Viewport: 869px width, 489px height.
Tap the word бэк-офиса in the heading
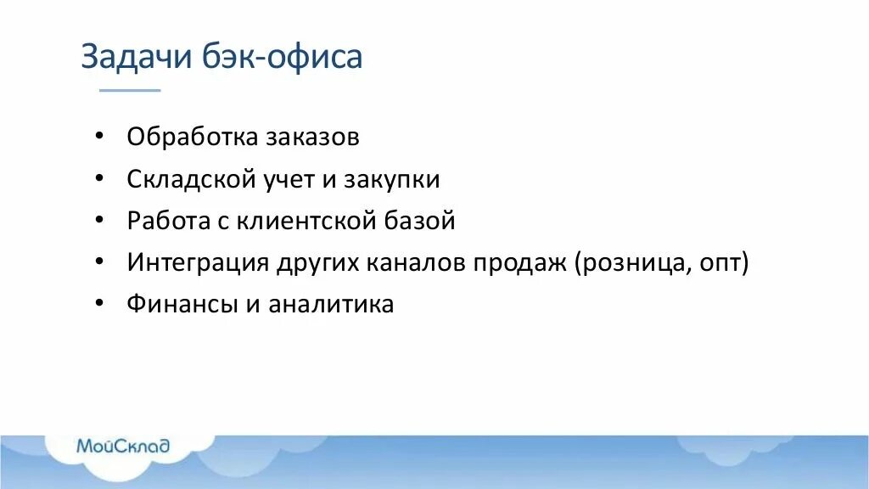click(283, 57)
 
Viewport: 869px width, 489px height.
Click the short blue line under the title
click(130, 90)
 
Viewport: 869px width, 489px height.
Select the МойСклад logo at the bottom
click(123, 447)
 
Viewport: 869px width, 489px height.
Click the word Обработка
click(192, 137)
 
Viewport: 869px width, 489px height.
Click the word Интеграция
click(198, 262)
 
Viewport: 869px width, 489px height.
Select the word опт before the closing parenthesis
click(721, 263)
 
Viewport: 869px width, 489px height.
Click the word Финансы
click(182, 304)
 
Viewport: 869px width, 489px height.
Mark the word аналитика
click(331, 304)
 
